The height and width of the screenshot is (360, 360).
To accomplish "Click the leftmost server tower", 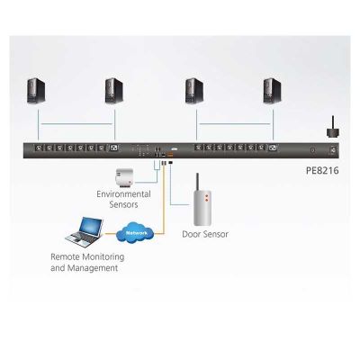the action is pos(36,91).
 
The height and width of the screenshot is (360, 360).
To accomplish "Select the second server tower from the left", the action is pos(114,91).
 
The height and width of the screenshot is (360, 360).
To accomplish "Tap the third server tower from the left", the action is pos(194,91).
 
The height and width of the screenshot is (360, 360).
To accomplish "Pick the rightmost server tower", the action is pos(273,91).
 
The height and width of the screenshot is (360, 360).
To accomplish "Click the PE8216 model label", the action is pos(322,171).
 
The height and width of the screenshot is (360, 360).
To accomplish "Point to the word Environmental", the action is pos(123,194).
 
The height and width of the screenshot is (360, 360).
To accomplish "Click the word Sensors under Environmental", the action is pos(123,204).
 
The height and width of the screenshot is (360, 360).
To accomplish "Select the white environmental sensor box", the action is pos(124,176).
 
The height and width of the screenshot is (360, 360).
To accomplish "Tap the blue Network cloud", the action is pos(135,233).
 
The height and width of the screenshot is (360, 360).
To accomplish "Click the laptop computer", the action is pos(85,233).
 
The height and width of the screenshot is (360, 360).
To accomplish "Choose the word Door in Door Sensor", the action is pos(191,234).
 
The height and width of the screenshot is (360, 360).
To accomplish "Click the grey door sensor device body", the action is pos(203,207).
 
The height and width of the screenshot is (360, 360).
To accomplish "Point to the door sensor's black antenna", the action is pos(197,182).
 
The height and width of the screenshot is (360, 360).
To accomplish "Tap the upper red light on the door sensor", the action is pos(206,195).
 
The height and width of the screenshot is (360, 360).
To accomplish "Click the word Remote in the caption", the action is pos(65,256).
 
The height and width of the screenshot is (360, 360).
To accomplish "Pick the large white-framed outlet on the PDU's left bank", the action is pos(114,148).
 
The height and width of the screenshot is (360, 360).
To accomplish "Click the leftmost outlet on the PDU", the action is pos(40,148).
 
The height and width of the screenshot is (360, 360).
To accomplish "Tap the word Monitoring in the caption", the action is pos(103,257).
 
